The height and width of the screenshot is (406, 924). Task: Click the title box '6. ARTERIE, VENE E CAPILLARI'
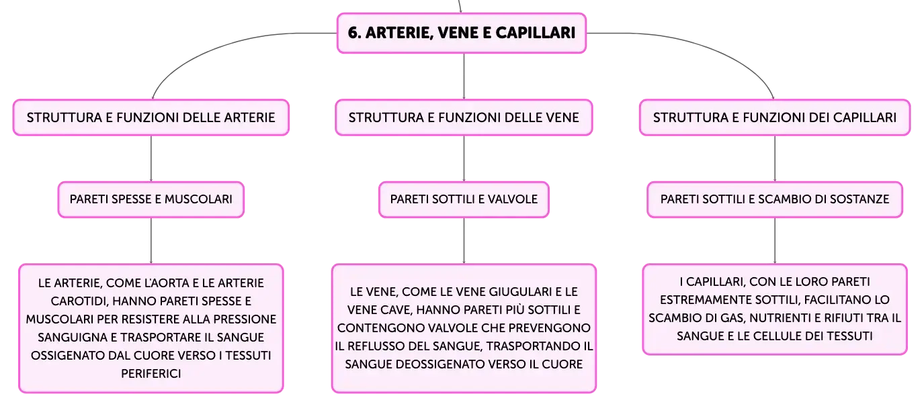click(x=462, y=33)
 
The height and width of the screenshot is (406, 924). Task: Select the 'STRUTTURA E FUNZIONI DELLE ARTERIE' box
click(x=151, y=117)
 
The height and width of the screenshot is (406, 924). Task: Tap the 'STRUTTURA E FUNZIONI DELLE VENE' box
click(x=464, y=117)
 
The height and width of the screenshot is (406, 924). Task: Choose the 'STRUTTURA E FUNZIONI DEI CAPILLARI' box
click(x=775, y=117)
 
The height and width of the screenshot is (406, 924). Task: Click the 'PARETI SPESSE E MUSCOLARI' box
click(x=151, y=199)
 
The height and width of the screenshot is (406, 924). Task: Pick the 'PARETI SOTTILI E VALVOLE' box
click(x=464, y=199)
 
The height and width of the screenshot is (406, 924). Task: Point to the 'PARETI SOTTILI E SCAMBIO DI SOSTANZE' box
click(x=775, y=199)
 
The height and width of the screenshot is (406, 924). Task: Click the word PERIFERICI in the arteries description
click(x=151, y=374)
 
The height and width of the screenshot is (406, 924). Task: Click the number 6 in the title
click(x=353, y=33)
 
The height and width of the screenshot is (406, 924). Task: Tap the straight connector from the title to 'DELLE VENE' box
click(x=464, y=77)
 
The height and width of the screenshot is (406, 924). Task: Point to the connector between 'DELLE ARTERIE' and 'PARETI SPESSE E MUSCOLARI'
click(x=151, y=158)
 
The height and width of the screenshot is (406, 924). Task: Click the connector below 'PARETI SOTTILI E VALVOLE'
click(x=464, y=240)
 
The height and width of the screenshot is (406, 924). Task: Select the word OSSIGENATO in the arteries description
click(x=62, y=356)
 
